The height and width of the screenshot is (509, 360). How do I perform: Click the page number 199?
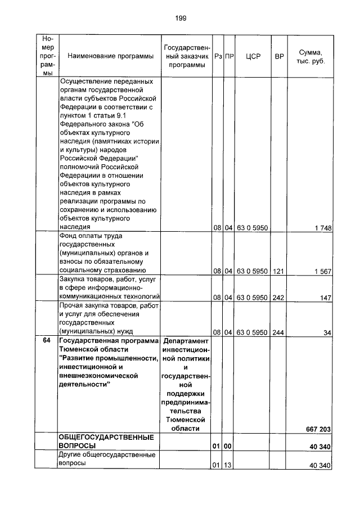[x=180, y=19]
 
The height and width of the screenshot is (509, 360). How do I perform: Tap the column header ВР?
[x=278, y=56]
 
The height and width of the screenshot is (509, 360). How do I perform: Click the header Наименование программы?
[x=110, y=56]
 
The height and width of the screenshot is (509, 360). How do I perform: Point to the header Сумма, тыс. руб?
[x=310, y=56]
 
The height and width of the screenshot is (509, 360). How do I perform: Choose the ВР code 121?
[x=278, y=271]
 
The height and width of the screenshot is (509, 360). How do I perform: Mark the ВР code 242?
[x=278, y=298]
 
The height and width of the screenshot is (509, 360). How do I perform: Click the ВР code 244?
[x=278, y=332]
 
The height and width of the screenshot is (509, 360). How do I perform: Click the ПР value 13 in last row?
[x=229, y=465]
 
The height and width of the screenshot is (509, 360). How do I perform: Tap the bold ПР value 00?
[x=229, y=447]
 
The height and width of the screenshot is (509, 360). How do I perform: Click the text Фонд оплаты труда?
[x=91, y=236]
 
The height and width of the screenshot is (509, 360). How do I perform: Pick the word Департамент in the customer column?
[x=186, y=341]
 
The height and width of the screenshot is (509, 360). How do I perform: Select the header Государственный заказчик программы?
[x=186, y=56]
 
